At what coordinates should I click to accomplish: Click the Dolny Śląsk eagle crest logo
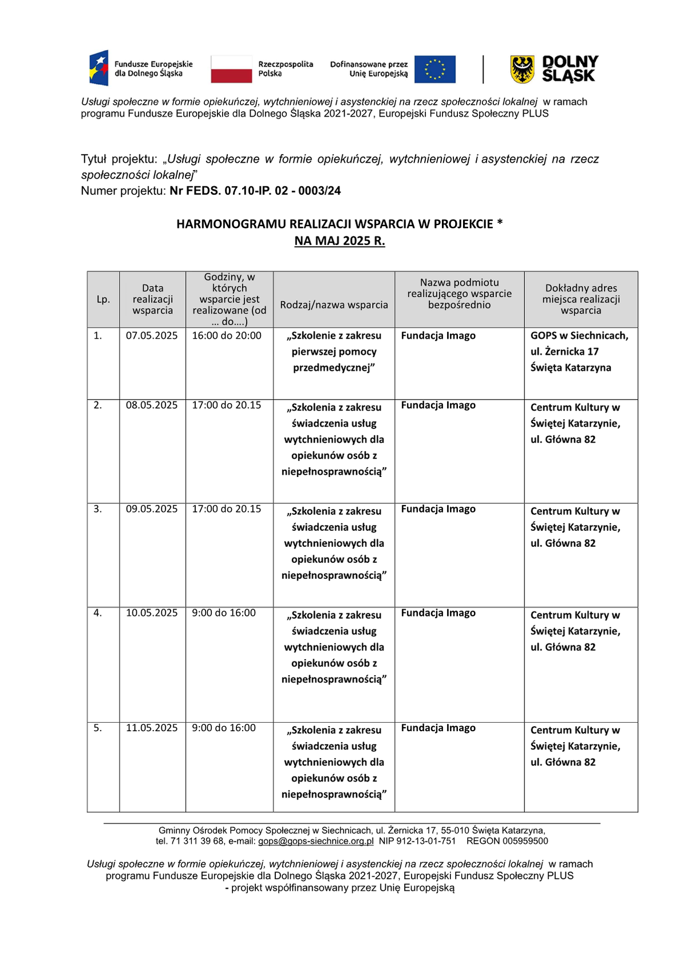click(522, 69)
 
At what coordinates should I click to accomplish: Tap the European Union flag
click(435, 69)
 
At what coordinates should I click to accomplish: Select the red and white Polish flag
click(231, 69)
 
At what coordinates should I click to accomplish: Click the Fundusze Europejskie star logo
click(99, 68)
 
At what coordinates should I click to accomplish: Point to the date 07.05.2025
click(152, 336)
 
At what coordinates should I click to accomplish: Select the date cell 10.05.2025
click(152, 613)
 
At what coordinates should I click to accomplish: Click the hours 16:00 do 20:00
click(227, 336)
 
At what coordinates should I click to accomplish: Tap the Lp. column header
click(103, 299)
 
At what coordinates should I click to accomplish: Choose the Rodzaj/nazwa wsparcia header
click(334, 305)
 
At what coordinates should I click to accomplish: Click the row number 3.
click(98, 509)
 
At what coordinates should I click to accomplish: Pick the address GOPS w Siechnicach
click(579, 336)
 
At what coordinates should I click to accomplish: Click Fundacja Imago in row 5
click(438, 728)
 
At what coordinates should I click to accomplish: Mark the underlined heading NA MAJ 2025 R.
click(339, 241)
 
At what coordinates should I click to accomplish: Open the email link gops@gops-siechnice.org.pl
click(315, 841)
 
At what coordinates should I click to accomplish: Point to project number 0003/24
click(319, 191)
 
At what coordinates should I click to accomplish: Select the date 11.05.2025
click(152, 728)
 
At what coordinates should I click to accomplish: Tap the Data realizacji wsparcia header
click(152, 299)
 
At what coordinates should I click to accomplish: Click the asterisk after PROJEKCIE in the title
click(500, 223)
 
